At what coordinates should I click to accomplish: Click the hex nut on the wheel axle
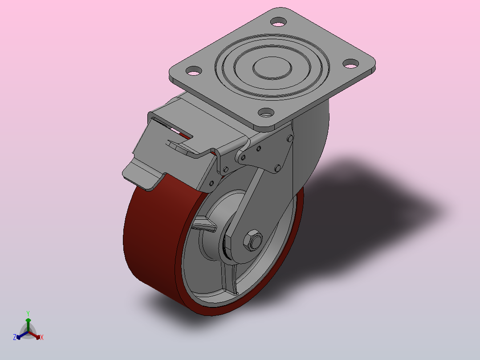pos(253,240)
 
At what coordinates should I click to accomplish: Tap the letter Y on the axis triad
pos(28,314)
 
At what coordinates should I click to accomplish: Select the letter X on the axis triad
pos(42,337)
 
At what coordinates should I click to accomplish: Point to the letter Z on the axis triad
pos(15,337)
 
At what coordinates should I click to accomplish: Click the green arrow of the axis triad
pos(28,325)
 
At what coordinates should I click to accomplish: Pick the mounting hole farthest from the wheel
pos(278,22)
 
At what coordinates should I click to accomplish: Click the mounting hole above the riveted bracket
pos(266,113)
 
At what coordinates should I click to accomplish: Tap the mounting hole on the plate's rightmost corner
pos(351,63)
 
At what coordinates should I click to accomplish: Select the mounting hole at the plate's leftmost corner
pos(194,71)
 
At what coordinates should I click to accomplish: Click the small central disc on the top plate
pos(272,68)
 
